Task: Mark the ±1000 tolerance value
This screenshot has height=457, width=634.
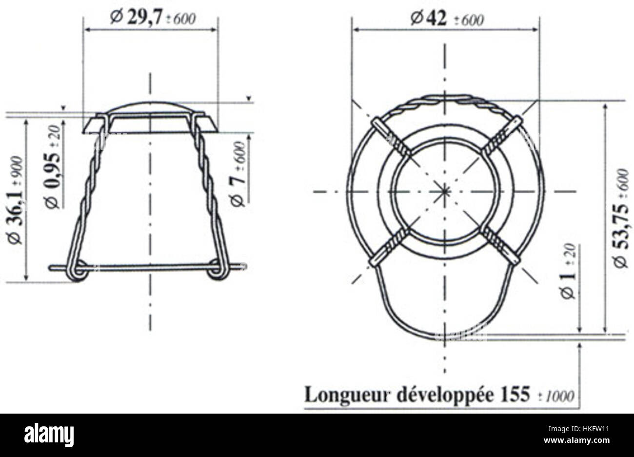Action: coord(561,396)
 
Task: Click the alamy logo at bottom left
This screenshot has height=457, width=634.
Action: coord(49,434)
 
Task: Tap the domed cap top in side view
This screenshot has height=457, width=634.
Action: coord(150,107)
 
